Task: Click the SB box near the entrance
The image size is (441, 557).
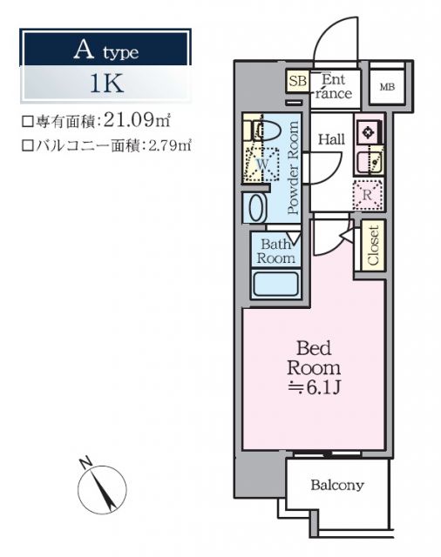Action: pos(297,82)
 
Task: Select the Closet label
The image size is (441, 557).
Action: pos(372,247)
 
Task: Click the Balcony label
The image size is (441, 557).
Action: pos(337,486)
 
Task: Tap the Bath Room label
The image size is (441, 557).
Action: pos(275,251)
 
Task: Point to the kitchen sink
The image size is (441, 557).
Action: pos(368,159)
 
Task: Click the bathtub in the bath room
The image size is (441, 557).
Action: pos(275,283)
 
